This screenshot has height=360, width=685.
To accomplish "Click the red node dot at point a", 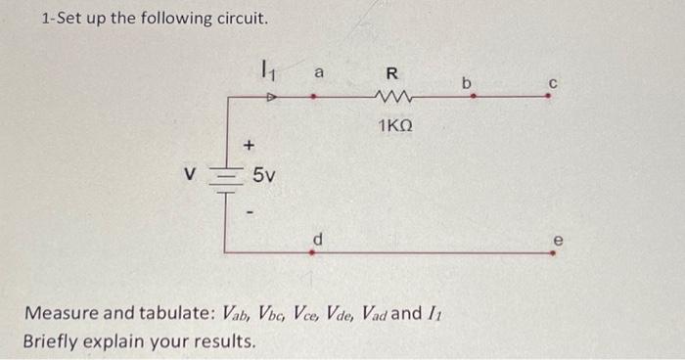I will pyautogui.click(x=313, y=97).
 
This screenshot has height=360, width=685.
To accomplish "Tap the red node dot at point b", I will pyautogui.click(x=471, y=97).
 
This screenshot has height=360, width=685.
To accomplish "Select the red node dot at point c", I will pyautogui.click(x=554, y=97).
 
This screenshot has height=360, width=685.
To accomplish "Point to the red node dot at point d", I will pyautogui.click(x=313, y=252).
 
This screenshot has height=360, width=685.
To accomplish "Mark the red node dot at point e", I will pyautogui.click(x=554, y=252).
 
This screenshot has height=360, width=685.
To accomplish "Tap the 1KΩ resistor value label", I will pyautogui.click(x=394, y=125).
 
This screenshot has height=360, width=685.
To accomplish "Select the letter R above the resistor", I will pyautogui.click(x=391, y=71).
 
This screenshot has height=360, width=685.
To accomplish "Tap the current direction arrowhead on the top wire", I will pyautogui.click(x=273, y=97).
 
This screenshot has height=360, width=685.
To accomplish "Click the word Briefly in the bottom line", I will pyautogui.click(x=54, y=343).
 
